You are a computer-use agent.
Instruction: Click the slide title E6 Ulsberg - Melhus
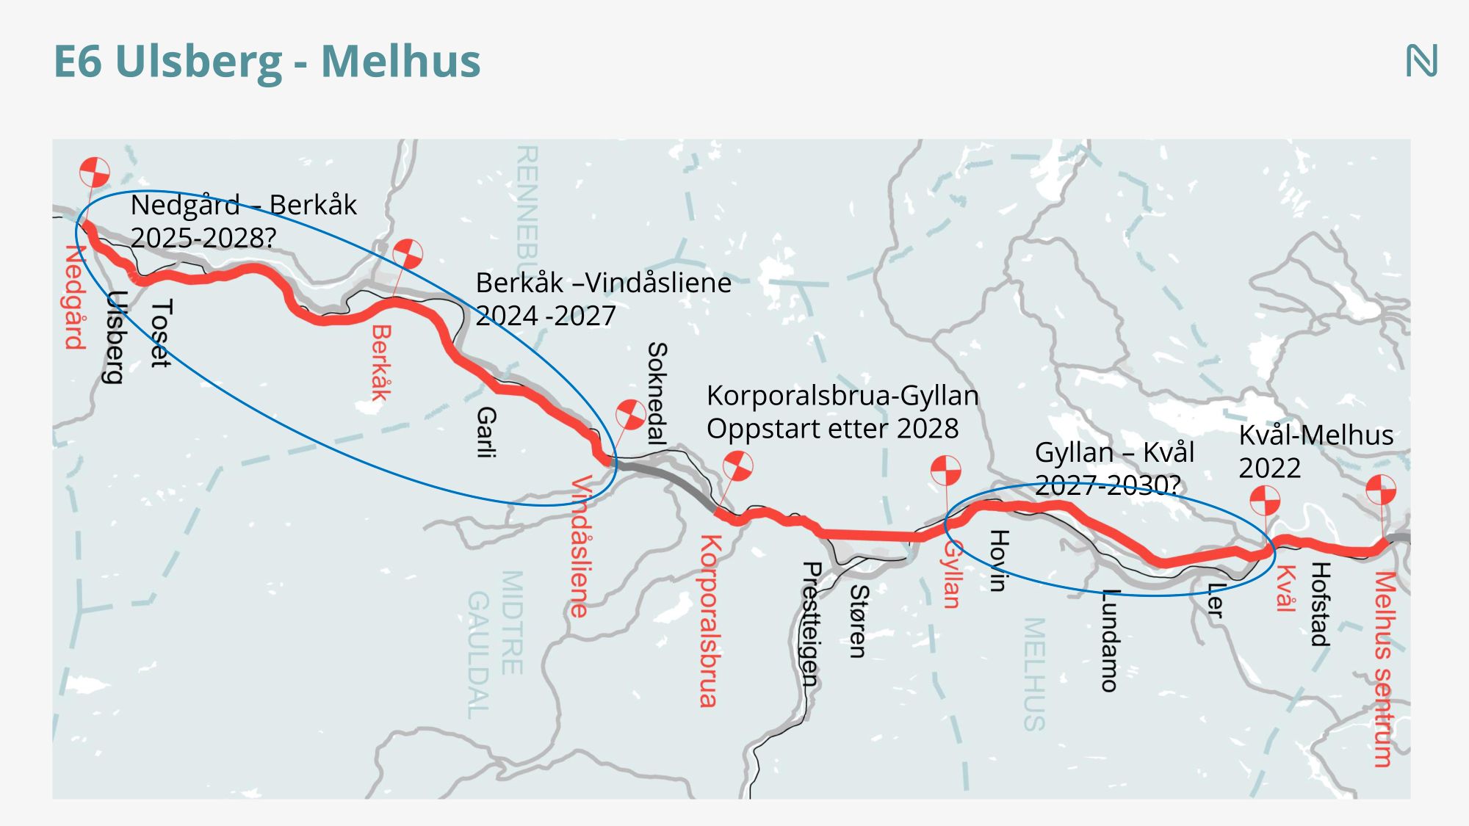267,62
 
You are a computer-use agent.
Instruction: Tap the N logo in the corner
1421,61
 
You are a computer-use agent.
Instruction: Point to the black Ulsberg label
115,337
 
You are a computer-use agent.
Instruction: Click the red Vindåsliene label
581,546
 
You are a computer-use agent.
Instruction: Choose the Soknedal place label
657,394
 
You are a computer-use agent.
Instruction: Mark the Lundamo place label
1109,640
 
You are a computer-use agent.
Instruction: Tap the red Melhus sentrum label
1385,669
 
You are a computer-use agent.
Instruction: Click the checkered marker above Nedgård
95,173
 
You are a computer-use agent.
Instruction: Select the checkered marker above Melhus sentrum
1381,490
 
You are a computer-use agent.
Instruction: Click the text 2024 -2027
546,316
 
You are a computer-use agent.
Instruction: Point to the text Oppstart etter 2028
832,429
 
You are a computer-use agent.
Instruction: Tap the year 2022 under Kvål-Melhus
1269,468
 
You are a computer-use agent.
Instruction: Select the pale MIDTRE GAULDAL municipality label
496,644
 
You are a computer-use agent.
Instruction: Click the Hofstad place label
1321,604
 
